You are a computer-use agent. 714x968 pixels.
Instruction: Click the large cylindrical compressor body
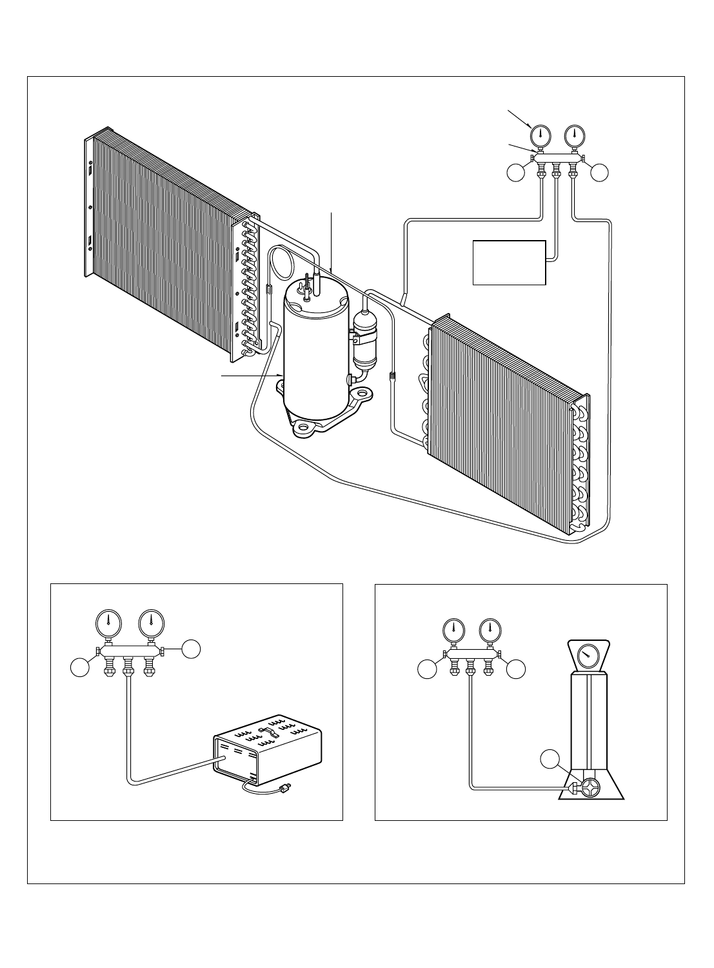point(316,355)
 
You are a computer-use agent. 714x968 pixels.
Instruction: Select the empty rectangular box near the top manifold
point(510,263)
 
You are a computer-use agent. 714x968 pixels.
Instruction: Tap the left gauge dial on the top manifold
point(540,136)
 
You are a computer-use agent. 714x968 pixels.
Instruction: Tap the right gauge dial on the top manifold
point(574,136)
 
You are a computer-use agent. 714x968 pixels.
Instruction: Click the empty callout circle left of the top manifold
point(516,172)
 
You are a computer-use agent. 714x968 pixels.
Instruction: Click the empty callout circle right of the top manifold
point(599,172)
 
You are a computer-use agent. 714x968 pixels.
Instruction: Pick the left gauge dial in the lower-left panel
point(108,623)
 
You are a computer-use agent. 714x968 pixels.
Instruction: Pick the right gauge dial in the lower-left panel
point(152,623)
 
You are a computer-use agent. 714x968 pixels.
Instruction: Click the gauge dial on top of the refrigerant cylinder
point(588,657)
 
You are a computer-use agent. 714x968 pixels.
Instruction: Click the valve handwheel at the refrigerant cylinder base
point(589,787)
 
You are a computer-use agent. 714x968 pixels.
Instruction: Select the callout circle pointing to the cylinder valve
point(550,759)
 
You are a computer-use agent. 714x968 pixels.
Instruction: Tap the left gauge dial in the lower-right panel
point(454,629)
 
